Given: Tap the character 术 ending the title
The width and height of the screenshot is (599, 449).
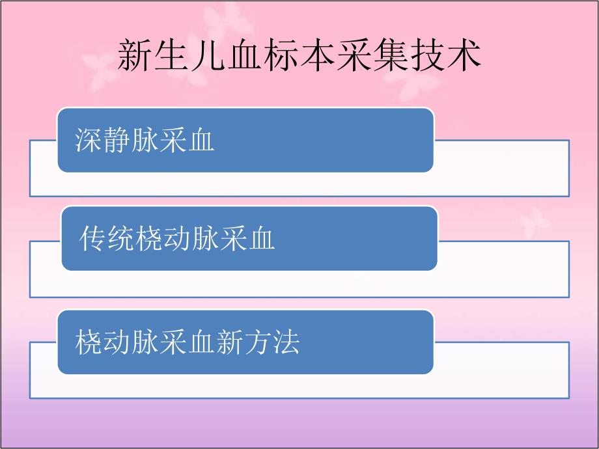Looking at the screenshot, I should click(x=464, y=56).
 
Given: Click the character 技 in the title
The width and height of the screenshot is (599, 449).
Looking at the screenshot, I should click(x=427, y=56).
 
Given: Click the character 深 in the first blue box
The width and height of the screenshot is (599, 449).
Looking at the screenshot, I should click(x=89, y=140).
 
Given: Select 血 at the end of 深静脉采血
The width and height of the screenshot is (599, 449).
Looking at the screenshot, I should click(x=201, y=140).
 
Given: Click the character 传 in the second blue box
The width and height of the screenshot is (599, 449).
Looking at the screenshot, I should click(x=93, y=239).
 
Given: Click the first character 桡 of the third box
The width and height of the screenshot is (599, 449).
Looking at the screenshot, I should click(x=89, y=342).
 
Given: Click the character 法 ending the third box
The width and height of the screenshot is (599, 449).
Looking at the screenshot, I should click(x=285, y=342).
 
